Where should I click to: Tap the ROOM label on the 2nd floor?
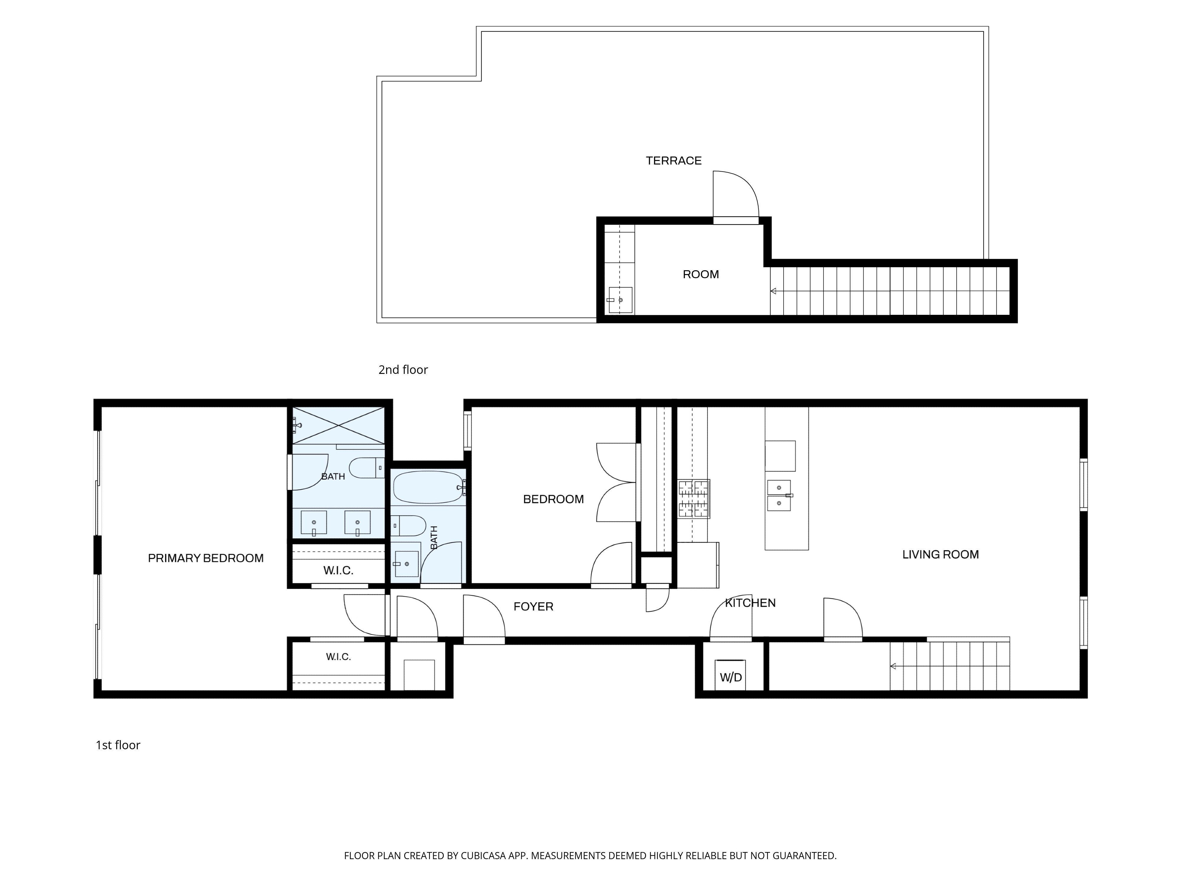[x=701, y=274]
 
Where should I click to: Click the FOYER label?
[x=534, y=607]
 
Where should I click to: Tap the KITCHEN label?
[x=750, y=603]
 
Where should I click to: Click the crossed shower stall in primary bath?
[x=338, y=425]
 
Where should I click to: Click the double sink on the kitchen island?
[x=779, y=495]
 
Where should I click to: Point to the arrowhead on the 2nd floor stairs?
[x=773, y=291]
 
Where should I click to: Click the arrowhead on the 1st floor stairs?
[x=893, y=666]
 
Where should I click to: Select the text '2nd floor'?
[x=403, y=369]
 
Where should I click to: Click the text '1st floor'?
[x=118, y=745]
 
